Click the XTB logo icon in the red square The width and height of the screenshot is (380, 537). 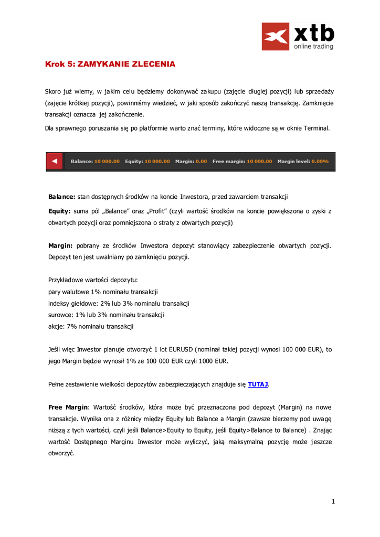pyautogui.click(x=276, y=36)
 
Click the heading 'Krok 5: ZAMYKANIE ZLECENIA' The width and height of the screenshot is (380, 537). pyautogui.click(x=110, y=64)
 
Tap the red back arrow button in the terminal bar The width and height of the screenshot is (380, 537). pyautogui.click(x=55, y=161)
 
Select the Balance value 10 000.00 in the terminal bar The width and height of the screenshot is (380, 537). pyautogui.click(x=107, y=162)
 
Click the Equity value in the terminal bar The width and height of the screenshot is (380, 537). pyautogui.click(x=157, y=162)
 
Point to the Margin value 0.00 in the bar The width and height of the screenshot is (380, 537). pyautogui.click(x=201, y=162)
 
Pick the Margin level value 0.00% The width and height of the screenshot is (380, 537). pyautogui.click(x=320, y=162)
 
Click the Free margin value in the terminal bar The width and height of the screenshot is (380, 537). pyautogui.click(x=259, y=162)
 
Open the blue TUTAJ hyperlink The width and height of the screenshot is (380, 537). pyautogui.click(x=258, y=384)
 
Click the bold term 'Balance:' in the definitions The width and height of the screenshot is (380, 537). pyautogui.click(x=62, y=197)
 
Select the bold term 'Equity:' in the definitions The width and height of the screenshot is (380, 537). pyautogui.click(x=59, y=211)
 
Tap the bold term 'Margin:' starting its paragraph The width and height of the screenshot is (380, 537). pyautogui.click(x=60, y=245)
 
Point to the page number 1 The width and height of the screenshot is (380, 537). pyautogui.click(x=333, y=502)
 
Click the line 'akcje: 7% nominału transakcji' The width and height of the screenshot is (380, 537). pyautogui.click(x=91, y=326)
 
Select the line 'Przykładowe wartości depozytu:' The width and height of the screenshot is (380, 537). pyautogui.click(x=93, y=280)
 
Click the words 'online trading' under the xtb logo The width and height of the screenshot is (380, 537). pyautogui.click(x=313, y=46)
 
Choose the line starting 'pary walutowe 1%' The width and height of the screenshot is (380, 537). pyautogui.click(x=103, y=292)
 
